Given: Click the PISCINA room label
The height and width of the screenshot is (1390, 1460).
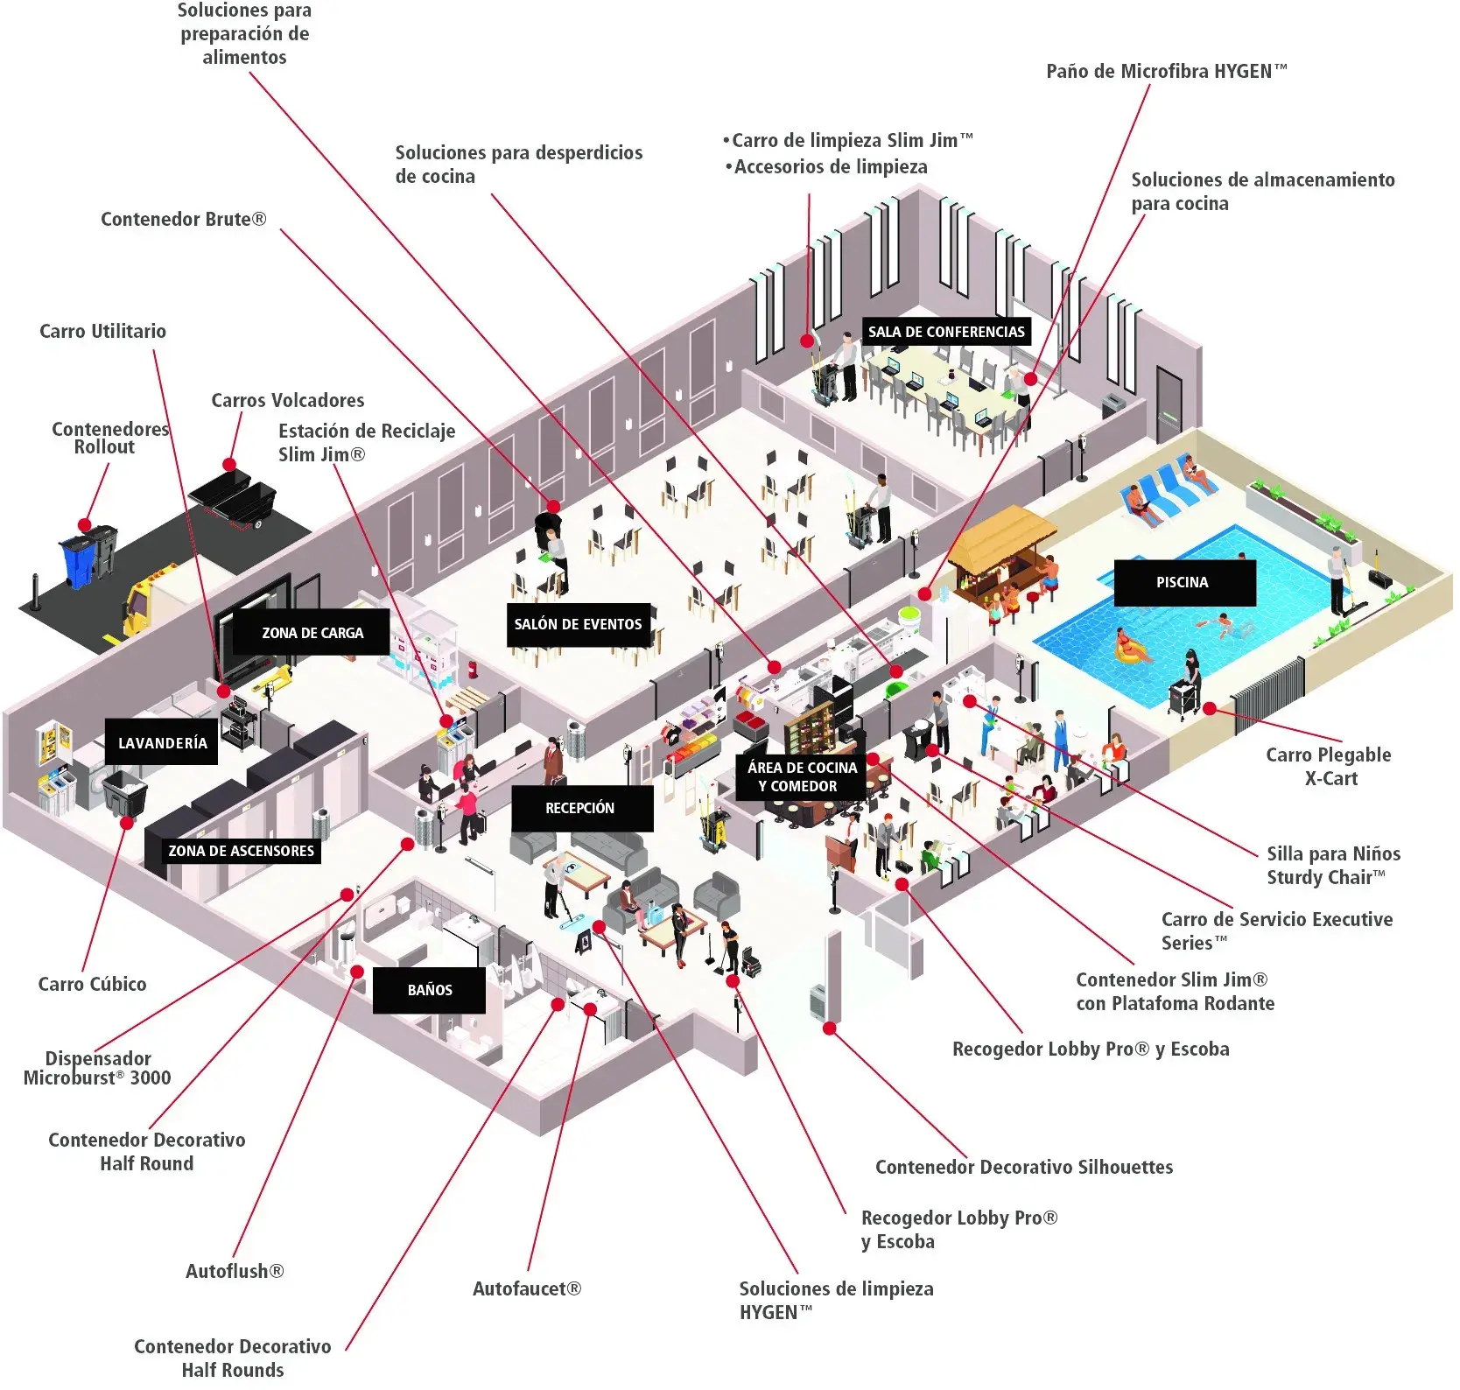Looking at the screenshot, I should point(1183,583).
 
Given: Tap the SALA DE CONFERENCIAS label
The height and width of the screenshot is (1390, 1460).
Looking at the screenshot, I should point(945,332).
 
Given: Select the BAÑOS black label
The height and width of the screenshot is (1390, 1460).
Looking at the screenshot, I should point(429,990).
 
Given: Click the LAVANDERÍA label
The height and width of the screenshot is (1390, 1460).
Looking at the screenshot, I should point(162,743).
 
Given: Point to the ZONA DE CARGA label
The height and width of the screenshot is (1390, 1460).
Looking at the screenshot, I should point(312,633).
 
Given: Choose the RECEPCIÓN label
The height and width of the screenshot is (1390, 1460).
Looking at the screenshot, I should point(580,808).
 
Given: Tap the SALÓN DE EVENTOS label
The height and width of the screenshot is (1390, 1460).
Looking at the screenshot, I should point(578,624).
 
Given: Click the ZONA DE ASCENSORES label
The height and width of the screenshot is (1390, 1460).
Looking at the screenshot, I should point(241,851).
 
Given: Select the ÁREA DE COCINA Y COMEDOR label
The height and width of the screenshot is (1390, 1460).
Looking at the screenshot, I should point(802,776).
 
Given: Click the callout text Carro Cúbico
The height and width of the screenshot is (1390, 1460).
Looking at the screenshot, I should point(92,984).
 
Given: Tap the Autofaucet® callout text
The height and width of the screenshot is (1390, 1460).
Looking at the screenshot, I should point(527,1288).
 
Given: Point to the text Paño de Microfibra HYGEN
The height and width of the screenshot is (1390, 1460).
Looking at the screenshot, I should point(1166,72).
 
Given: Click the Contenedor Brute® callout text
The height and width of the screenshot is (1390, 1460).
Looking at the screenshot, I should point(183,219).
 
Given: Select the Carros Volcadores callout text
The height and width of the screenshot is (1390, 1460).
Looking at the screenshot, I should point(287,400).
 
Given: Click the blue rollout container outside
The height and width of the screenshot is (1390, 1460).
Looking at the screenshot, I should point(77,560).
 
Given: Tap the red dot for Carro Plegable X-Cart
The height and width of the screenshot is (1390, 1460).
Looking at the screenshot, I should point(1210,708).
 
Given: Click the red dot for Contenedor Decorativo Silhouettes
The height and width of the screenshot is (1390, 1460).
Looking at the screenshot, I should point(829,1028).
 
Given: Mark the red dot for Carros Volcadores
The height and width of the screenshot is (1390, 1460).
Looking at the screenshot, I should point(228,464).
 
